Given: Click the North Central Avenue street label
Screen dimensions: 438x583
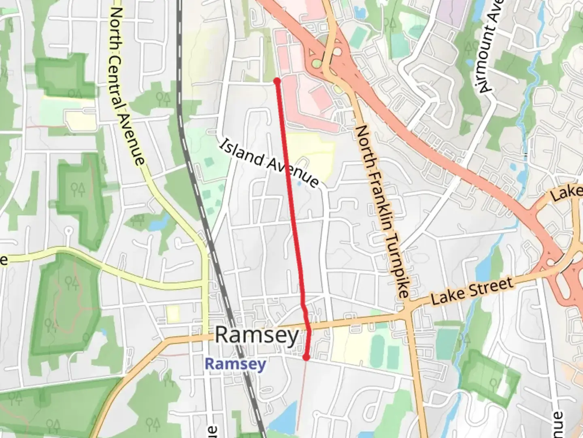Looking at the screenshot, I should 126,86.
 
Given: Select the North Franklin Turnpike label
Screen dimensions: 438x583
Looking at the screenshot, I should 383,211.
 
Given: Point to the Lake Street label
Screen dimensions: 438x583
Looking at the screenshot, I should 472,291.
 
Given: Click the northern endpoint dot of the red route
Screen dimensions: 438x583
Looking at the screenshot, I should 277,82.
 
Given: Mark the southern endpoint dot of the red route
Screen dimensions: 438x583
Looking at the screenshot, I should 306,357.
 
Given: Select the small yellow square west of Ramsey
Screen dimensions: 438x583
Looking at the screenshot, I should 173,314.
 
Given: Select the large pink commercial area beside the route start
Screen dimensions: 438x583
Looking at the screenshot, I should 308,93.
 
